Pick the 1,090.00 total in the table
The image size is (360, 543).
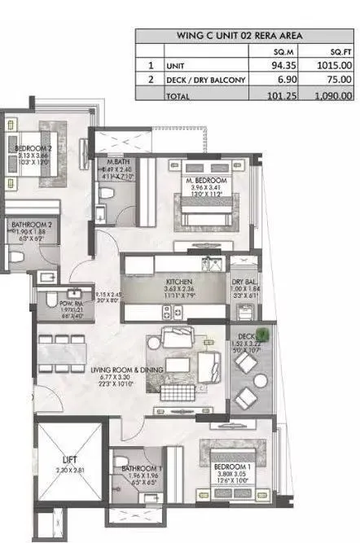coord(332,96)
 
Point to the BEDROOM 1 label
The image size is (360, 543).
coord(230,468)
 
